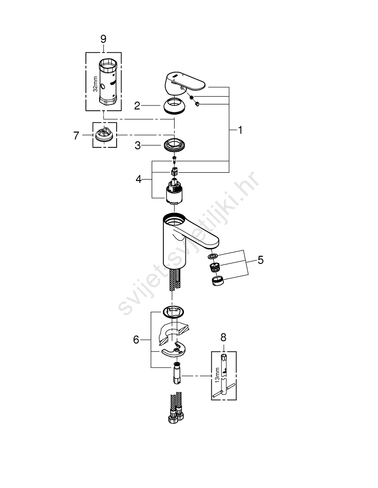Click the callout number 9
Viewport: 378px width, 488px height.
(103, 39)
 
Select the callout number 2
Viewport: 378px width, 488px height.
(137, 106)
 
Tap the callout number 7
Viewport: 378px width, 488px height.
(76, 136)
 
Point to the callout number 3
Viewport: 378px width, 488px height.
(138, 145)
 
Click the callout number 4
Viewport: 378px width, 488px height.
(139, 179)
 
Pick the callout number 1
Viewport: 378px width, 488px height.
(240, 130)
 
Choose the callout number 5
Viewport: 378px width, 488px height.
(261, 260)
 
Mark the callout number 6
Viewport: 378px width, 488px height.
(136, 340)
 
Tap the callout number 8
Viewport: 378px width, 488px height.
(223, 337)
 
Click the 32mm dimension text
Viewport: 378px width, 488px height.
(95, 84)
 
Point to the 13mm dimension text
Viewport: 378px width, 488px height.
(217, 375)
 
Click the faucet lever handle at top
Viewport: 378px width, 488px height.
(185, 83)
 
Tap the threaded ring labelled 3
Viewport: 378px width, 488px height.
(174, 145)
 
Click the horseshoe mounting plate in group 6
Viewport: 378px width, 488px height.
(174, 350)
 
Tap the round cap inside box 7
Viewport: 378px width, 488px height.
(104, 135)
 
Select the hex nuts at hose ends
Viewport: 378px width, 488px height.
(176, 415)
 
